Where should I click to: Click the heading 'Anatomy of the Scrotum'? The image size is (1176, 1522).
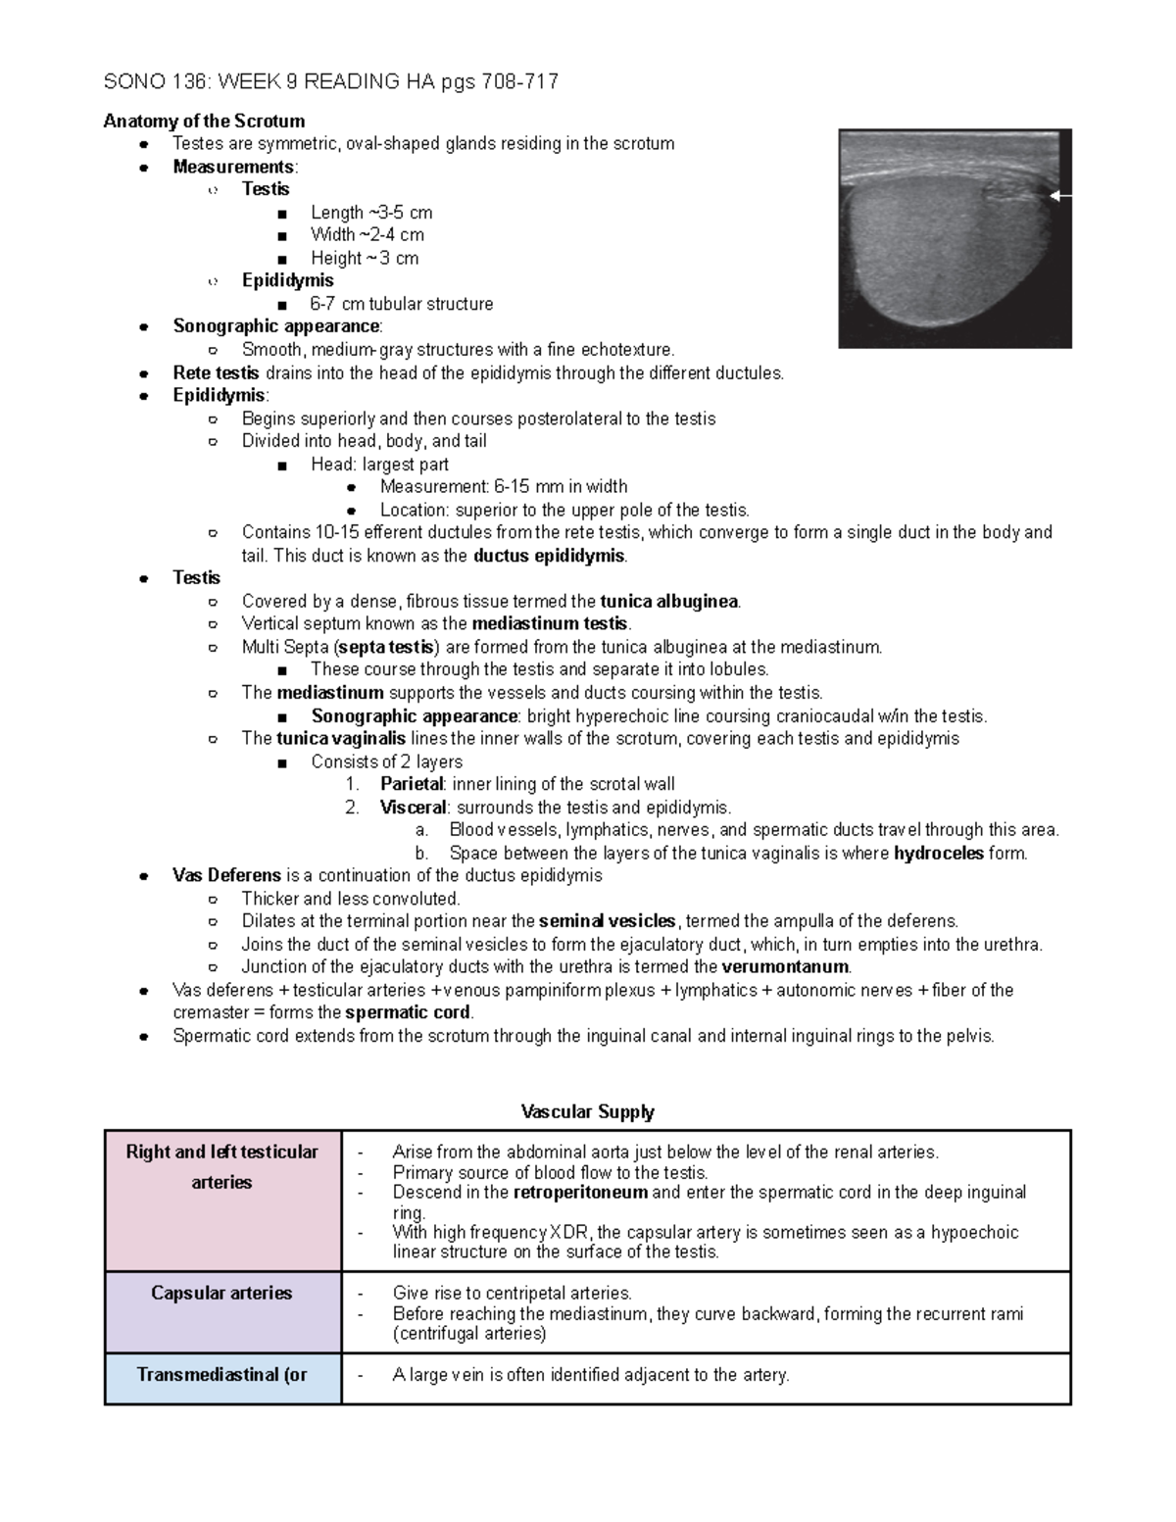click(x=204, y=121)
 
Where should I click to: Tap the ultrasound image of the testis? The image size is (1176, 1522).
click(x=955, y=238)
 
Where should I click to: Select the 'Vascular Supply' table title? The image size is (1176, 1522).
click(x=587, y=1111)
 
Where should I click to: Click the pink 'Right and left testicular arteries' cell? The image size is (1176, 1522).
click(x=222, y=1201)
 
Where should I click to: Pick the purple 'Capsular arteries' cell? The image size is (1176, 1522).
click(x=222, y=1312)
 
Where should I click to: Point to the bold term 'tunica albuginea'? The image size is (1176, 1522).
click(x=669, y=602)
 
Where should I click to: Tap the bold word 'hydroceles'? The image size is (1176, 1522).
click(x=938, y=854)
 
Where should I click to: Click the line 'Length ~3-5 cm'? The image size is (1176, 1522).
click(x=370, y=213)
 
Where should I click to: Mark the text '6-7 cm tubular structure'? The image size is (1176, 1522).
click(x=401, y=304)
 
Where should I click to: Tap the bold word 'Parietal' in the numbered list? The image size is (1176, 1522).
click(x=412, y=784)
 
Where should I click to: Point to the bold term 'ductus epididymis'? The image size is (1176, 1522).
click(x=549, y=556)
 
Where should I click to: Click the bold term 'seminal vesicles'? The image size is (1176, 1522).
click(x=608, y=921)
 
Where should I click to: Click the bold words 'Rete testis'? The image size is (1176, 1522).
click(x=216, y=372)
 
